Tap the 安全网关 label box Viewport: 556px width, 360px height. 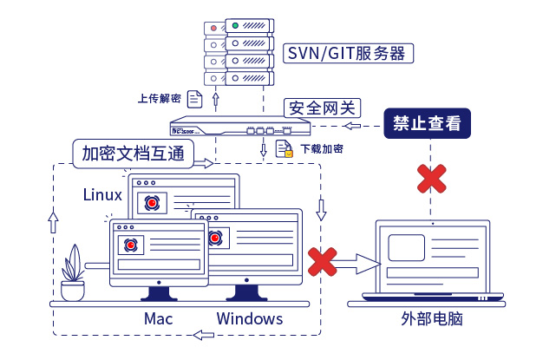point(322,108)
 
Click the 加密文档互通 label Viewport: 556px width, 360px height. point(132,153)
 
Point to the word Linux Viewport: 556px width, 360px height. point(102,194)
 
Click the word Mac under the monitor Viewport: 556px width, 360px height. point(158,318)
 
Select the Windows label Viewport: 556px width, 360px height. point(250,318)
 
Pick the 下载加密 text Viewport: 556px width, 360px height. point(321,149)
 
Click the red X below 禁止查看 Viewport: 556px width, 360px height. point(430,179)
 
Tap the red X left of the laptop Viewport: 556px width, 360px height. point(323,259)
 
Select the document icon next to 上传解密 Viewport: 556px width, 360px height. point(195,98)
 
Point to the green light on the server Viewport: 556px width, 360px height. point(234,27)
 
